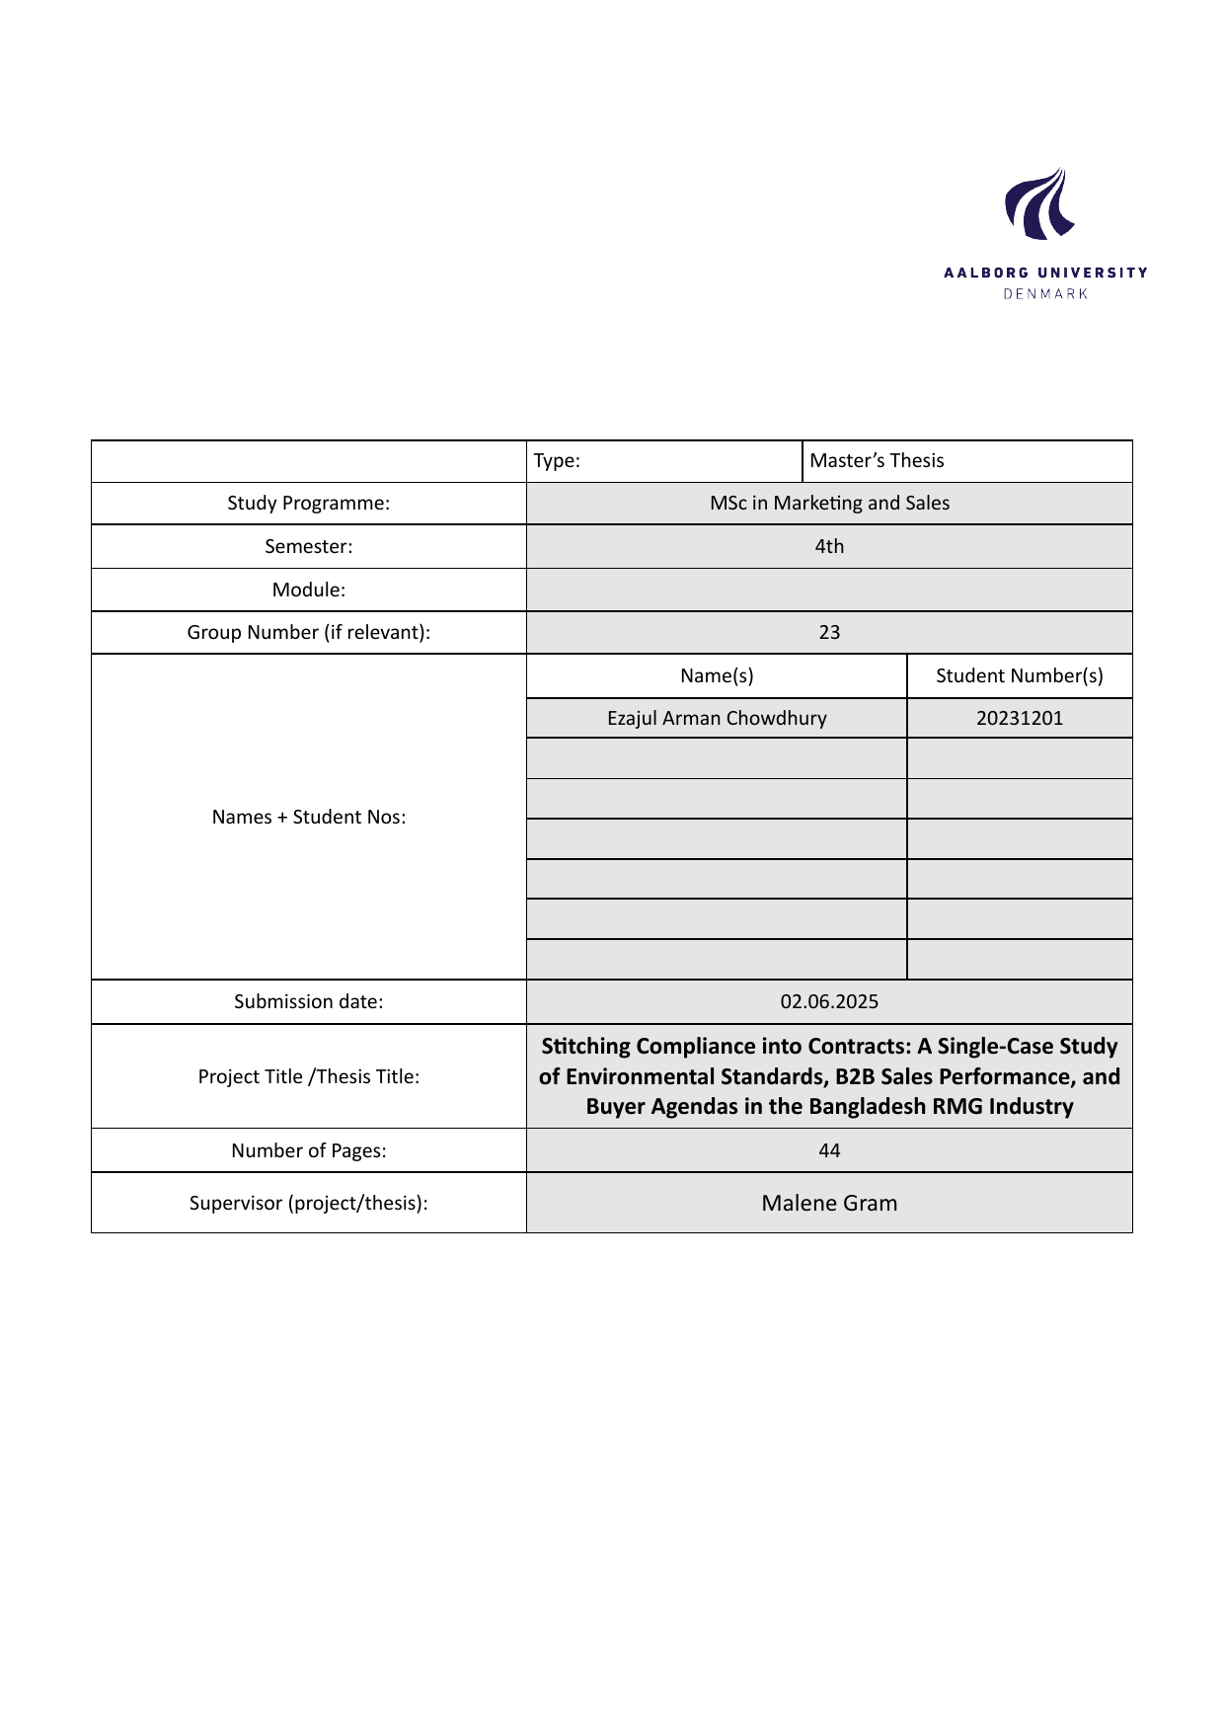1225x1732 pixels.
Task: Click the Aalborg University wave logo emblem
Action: [1039, 204]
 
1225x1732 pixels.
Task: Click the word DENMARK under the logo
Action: [1045, 294]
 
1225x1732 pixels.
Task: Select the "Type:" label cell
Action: [557, 461]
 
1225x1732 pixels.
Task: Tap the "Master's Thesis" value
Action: [877, 461]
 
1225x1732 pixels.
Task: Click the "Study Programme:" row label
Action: [308, 504]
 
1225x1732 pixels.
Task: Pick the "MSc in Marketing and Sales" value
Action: [829, 504]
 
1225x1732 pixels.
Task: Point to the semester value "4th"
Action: [829, 547]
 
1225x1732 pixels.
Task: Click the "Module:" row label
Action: [308, 590]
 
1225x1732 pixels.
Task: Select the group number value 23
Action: [829, 633]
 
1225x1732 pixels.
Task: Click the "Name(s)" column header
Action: [717, 676]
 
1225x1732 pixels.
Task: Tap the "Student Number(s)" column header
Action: [1019, 676]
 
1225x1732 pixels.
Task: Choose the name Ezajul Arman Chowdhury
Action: [717, 719]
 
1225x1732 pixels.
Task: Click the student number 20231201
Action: [1020, 719]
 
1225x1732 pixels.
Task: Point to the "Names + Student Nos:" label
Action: [308, 818]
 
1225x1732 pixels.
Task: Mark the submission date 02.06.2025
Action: [829, 1002]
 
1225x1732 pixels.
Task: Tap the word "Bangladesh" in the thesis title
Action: [868, 1107]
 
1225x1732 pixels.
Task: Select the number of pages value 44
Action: [829, 1151]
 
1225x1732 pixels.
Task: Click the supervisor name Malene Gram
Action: [829, 1204]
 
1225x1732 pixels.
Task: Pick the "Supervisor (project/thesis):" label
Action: [308, 1204]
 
